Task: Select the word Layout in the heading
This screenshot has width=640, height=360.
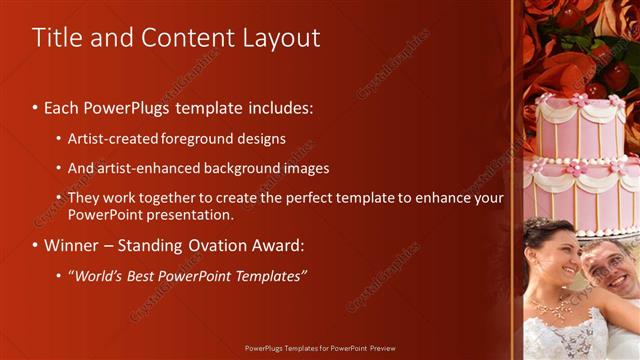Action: click(281, 38)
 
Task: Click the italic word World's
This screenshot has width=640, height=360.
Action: click(99, 275)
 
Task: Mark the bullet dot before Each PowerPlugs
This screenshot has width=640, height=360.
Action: click(36, 107)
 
